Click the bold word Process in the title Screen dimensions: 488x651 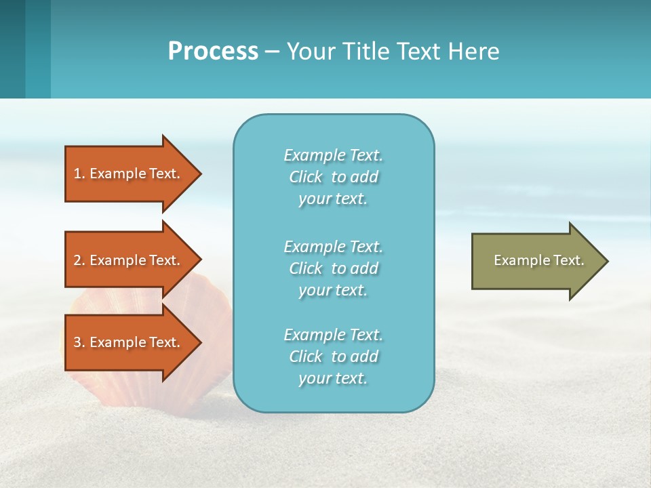click(x=213, y=52)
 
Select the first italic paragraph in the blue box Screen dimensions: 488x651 click(x=333, y=177)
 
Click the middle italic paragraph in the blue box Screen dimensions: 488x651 click(x=333, y=268)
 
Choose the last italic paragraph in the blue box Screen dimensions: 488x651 click(x=333, y=357)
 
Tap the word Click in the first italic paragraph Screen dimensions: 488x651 click(x=305, y=177)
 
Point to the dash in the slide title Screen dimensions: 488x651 click(x=273, y=52)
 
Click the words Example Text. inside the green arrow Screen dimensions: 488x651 click(x=538, y=260)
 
